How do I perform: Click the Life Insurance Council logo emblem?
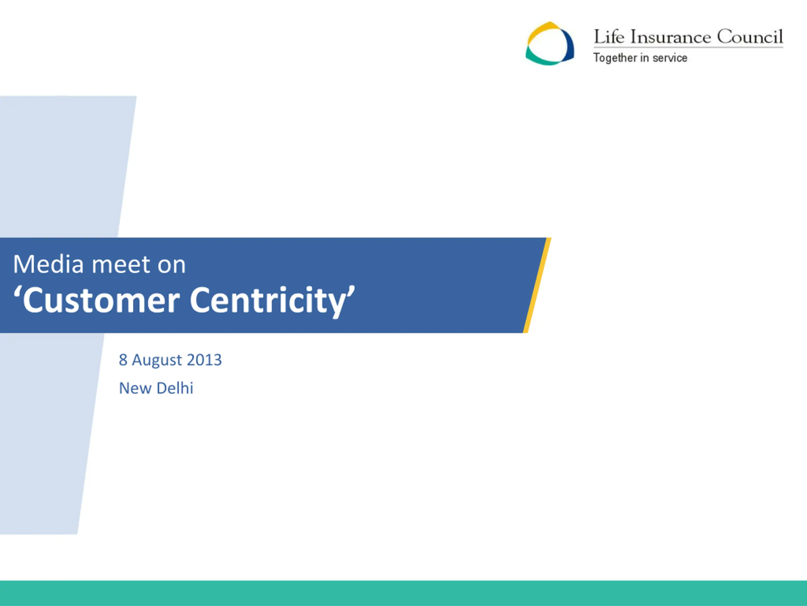(x=549, y=44)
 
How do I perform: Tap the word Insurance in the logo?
(x=671, y=37)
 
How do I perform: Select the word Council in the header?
(x=750, y=37)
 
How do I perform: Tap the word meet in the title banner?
(x=121, y=264)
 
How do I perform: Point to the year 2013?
(x=204, y=360)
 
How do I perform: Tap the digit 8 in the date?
(x=123, y=360)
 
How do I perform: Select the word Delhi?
(x=175, y=388)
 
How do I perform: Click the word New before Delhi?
(x=135, y=388)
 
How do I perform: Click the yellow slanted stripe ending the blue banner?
(x=537, y=285)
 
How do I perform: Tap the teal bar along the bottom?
(x=403, y=593)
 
